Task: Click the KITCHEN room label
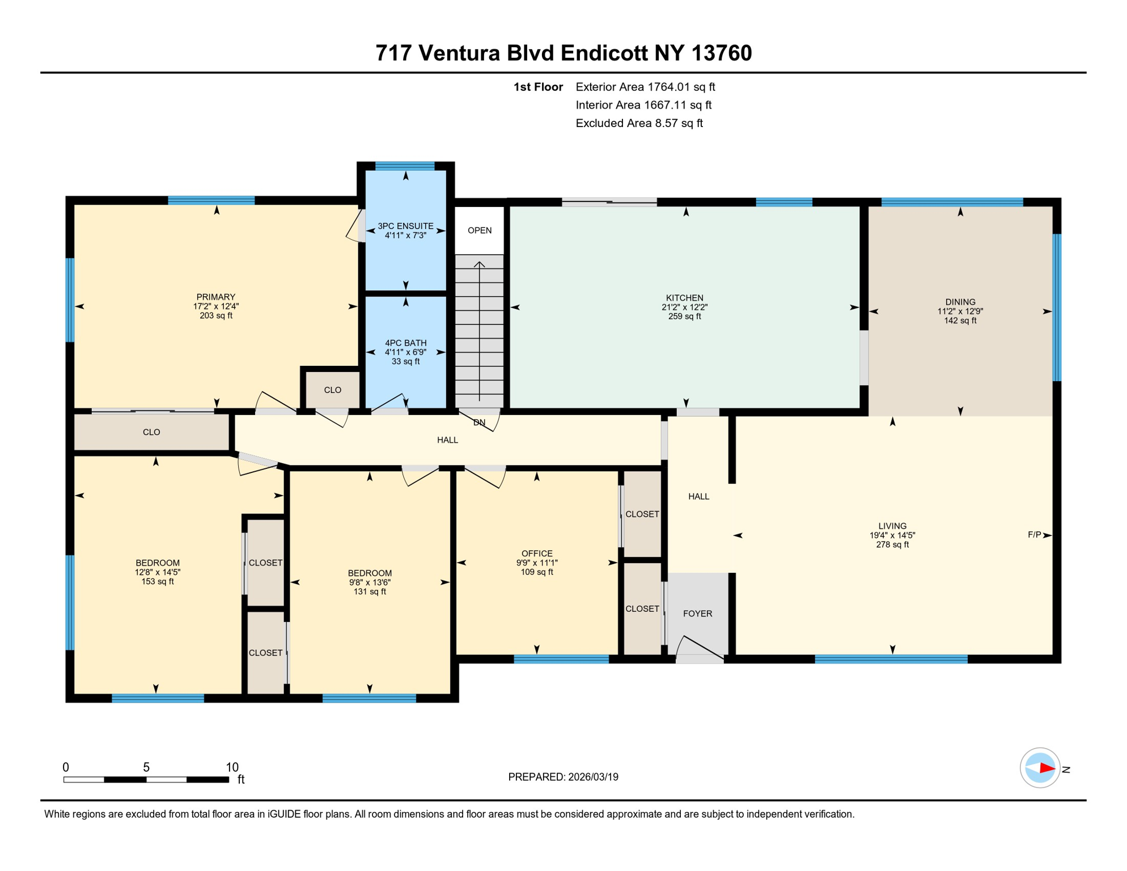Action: (684, 298)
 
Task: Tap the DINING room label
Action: (960, 302)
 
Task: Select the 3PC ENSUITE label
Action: (405, 226)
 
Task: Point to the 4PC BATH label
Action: (405, 343)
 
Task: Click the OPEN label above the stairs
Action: (479, 230)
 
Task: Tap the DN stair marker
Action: (479, 422)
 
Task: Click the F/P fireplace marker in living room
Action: (1034, 535)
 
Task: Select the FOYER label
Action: (697, 614)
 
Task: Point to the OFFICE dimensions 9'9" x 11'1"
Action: (537, 563)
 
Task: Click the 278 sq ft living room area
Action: (892, 545)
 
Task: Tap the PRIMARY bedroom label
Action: (215, 297)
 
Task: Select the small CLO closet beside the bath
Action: (333, 390)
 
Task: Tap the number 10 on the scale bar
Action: (232, 767)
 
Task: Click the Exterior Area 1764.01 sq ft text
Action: (645, 87)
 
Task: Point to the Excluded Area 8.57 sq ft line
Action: (639, 123)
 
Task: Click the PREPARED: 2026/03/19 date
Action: (563, 777)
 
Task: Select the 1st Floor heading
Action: (537, 87)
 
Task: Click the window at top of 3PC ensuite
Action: (405, 166)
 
